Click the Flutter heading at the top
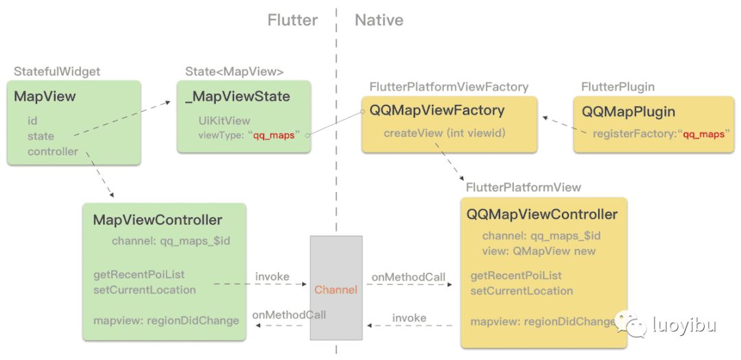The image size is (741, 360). (x=292, y=21)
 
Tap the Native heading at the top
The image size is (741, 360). (x=379, y=21)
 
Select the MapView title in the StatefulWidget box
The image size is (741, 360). (x=45, y=97)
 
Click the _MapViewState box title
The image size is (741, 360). (x=237, y=97)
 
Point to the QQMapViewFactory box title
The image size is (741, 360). (x=437, y=110)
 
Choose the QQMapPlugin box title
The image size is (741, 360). (x=628, y=112)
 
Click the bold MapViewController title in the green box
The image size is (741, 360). (x=157, y=220)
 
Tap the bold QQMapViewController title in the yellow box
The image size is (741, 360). (x=542, y=214)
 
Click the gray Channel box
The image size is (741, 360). (x=336, y=288)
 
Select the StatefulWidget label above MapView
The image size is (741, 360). (x=57, y=71)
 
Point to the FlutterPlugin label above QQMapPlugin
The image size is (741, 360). (x=617, y=87)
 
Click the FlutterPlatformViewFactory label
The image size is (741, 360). (x=449, y=87)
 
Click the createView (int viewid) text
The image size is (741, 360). (x=444, y=132)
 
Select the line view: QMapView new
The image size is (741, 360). (x=539, y=251)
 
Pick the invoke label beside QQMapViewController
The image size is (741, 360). (x=409, y=318)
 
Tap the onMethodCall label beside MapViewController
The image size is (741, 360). (x=289, y=315)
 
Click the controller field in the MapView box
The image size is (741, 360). (x=53, y=151)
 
